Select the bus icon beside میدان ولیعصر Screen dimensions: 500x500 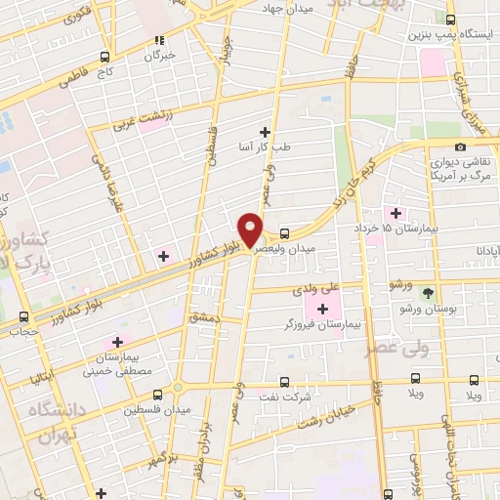[284, 233]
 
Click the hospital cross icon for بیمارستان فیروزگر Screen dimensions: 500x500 [322, 310]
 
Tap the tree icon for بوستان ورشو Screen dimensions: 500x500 [428, 292]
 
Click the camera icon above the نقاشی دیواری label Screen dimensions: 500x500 [460, 146]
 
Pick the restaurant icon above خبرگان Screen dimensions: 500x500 [159, 41]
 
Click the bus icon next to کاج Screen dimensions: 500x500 [104, 58]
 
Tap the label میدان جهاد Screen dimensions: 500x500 [284, 8]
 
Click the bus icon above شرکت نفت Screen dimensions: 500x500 [284, 382]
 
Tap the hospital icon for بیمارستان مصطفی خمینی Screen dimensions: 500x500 [117, 342]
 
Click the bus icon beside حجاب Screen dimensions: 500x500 [22, 316]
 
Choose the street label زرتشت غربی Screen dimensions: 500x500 [141, 122]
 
